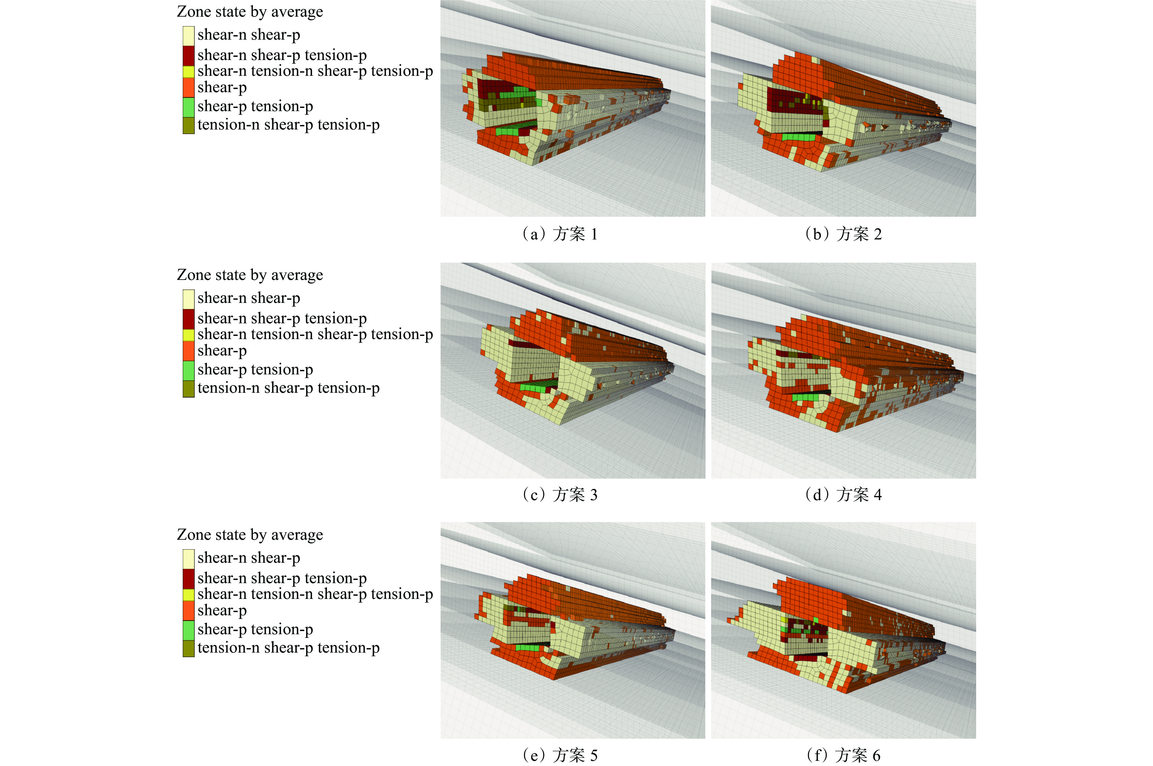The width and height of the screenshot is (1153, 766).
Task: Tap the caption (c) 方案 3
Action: coord(559,495)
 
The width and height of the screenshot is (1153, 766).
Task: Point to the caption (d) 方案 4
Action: coord(843,495)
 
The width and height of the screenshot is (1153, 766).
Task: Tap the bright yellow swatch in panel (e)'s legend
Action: coord(189,595)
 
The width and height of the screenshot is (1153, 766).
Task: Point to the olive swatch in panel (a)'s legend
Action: coord(189,125)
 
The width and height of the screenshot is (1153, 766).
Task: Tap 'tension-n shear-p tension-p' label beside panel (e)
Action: coord(288,648)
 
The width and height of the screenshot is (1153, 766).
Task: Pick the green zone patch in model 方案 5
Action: coord(528,648)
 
